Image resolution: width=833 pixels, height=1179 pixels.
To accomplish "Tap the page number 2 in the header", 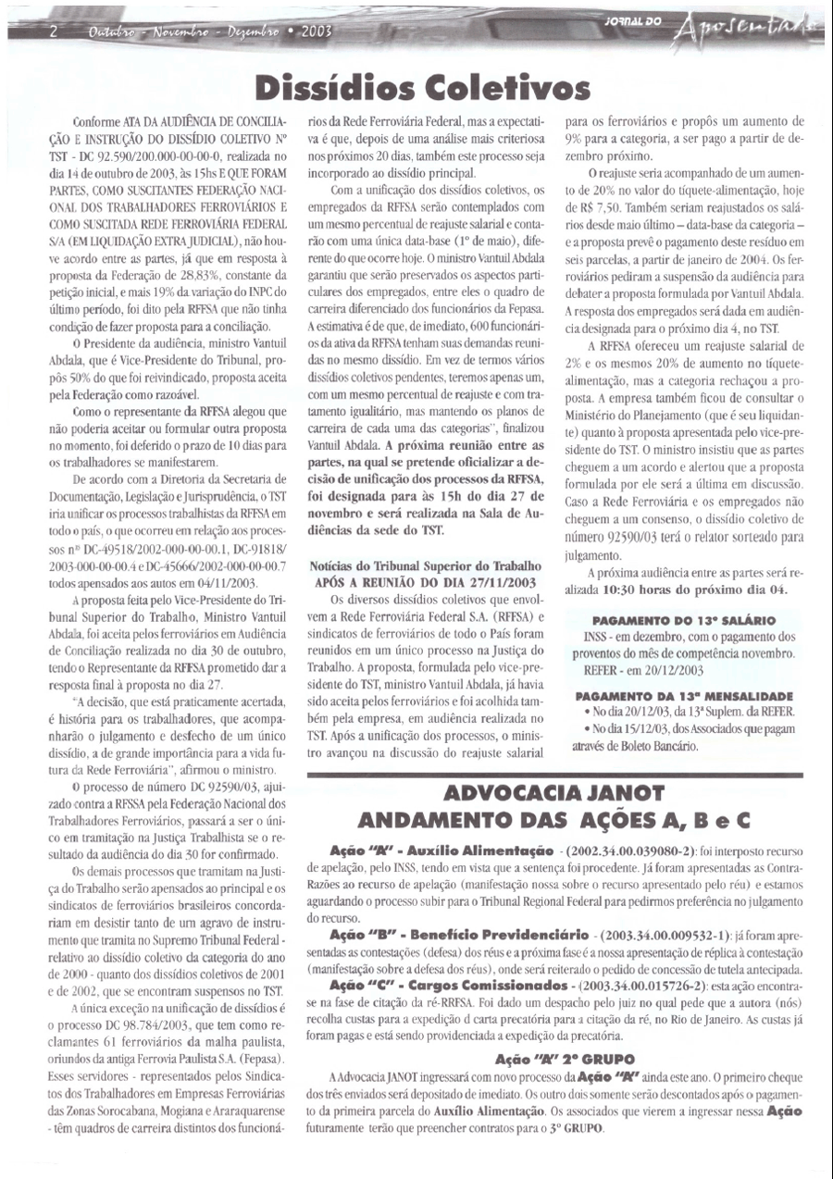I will [54, 31].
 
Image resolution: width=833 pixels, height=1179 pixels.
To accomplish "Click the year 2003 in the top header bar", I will [315, 31].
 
